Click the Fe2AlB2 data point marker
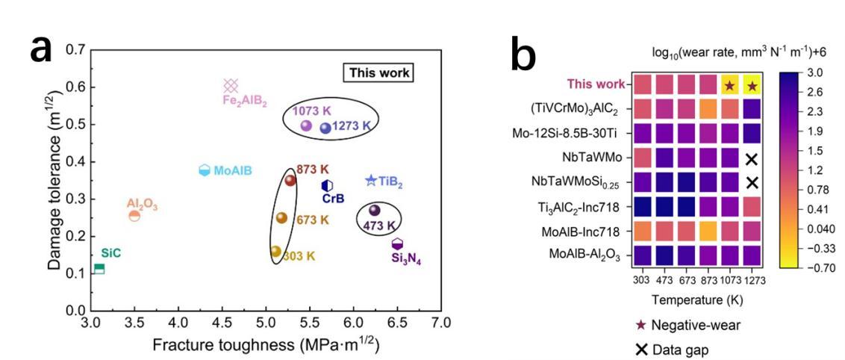tap(231, 86)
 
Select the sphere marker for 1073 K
tap(305, 125)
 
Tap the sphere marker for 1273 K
tap(325, 128)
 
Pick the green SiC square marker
tap(99, 268)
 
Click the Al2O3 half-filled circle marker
tap(134, 216)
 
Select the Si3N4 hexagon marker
tap(398, 244)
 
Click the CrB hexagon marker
tap(327, 185)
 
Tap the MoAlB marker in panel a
tap(205, 170)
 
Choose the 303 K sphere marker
tap(275, 251)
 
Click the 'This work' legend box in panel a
tap(378, 72)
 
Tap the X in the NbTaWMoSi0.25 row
tap(752, 182)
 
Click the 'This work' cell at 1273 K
tap(752, 85)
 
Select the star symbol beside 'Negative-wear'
tap(640, 325)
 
